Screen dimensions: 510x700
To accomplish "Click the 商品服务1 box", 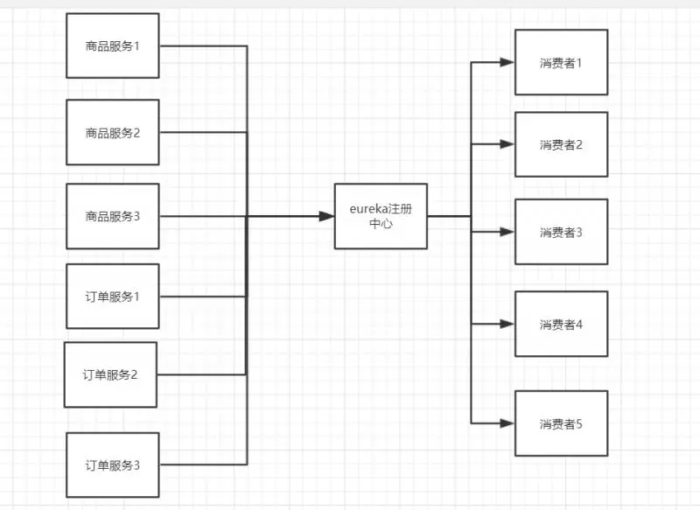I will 112,45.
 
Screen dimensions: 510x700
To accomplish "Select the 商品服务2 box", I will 112,133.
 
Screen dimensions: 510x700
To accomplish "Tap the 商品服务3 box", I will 112,216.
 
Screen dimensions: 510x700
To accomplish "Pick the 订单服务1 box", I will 112,296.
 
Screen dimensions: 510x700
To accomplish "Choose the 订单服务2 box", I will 110,374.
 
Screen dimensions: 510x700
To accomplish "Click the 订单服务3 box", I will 112,465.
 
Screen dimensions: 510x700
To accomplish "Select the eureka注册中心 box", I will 381,216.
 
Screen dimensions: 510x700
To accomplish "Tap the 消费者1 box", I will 561,62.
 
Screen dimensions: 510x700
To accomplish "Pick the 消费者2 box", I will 561,144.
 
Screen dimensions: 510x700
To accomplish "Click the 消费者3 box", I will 561,232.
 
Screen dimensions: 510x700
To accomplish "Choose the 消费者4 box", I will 561,325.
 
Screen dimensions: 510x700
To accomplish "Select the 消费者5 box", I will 561,423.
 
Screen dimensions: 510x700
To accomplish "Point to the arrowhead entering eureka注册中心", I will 328,216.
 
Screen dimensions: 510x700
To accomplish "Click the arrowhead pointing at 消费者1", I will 507,62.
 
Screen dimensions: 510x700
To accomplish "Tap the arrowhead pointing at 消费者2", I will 507,144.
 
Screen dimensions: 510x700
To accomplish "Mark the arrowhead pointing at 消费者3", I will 507,232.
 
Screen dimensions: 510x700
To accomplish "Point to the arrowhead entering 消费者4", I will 507,324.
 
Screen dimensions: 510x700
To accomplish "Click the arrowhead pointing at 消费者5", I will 507,423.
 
